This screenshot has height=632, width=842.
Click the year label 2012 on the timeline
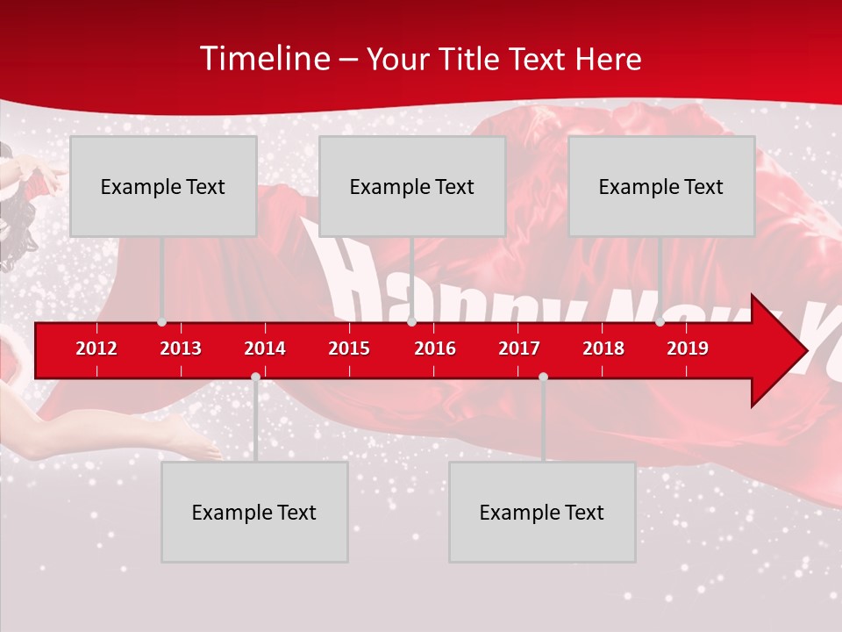click(x=96, y=348)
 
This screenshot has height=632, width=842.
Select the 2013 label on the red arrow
click(x=181, y=348)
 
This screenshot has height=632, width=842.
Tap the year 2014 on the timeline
click(x=265, y=348)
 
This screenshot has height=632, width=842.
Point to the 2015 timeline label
click(x=349, y=348)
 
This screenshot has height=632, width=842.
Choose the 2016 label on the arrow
click(x=435, y=348)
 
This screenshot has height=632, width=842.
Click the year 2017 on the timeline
click(x=519, y=348)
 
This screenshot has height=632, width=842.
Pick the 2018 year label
click(x=603, y=348)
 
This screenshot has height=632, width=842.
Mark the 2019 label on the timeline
click(x=688, y=348)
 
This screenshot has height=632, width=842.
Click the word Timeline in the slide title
click(x=263, y=59)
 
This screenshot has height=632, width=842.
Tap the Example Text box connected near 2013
click(x=163, y=186)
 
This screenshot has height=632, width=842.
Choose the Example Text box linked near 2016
click(x=412, y=186)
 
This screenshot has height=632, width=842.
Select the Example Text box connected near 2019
click(x=661, y=186)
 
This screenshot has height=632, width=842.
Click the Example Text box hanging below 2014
click(x=254, y=512)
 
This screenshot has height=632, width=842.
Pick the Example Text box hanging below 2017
click(x=542, y=512)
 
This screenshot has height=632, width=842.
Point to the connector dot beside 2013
click(x=161, y=322)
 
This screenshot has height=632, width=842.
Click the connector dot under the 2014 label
click(x=255, y=377)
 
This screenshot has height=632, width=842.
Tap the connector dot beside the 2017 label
click(x=543, y=377)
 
